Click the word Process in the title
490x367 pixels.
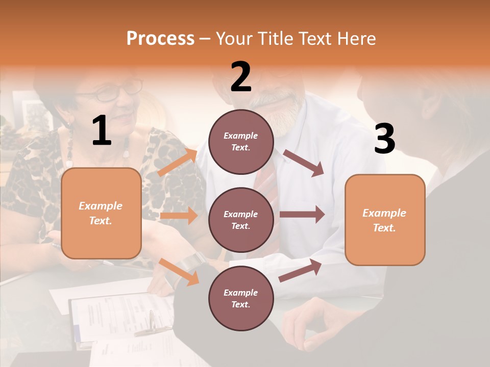click(160, 38)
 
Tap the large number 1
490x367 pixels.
click(102, 131)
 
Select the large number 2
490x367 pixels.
click(241, 76)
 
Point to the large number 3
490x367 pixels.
click(384, 139)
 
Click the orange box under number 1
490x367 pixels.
click(101, 213)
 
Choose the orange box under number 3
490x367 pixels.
click(385, 220)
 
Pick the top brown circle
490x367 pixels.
click(241, 142)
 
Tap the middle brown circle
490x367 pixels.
click(241, 220)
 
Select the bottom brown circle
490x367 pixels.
click(241, 298)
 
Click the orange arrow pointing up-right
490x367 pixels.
click(178, 162)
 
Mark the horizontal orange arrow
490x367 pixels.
click(179, 216)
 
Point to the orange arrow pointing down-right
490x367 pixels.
click(179, 272)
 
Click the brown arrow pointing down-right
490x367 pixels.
click(304, 163)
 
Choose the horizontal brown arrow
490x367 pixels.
click(302, 215)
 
